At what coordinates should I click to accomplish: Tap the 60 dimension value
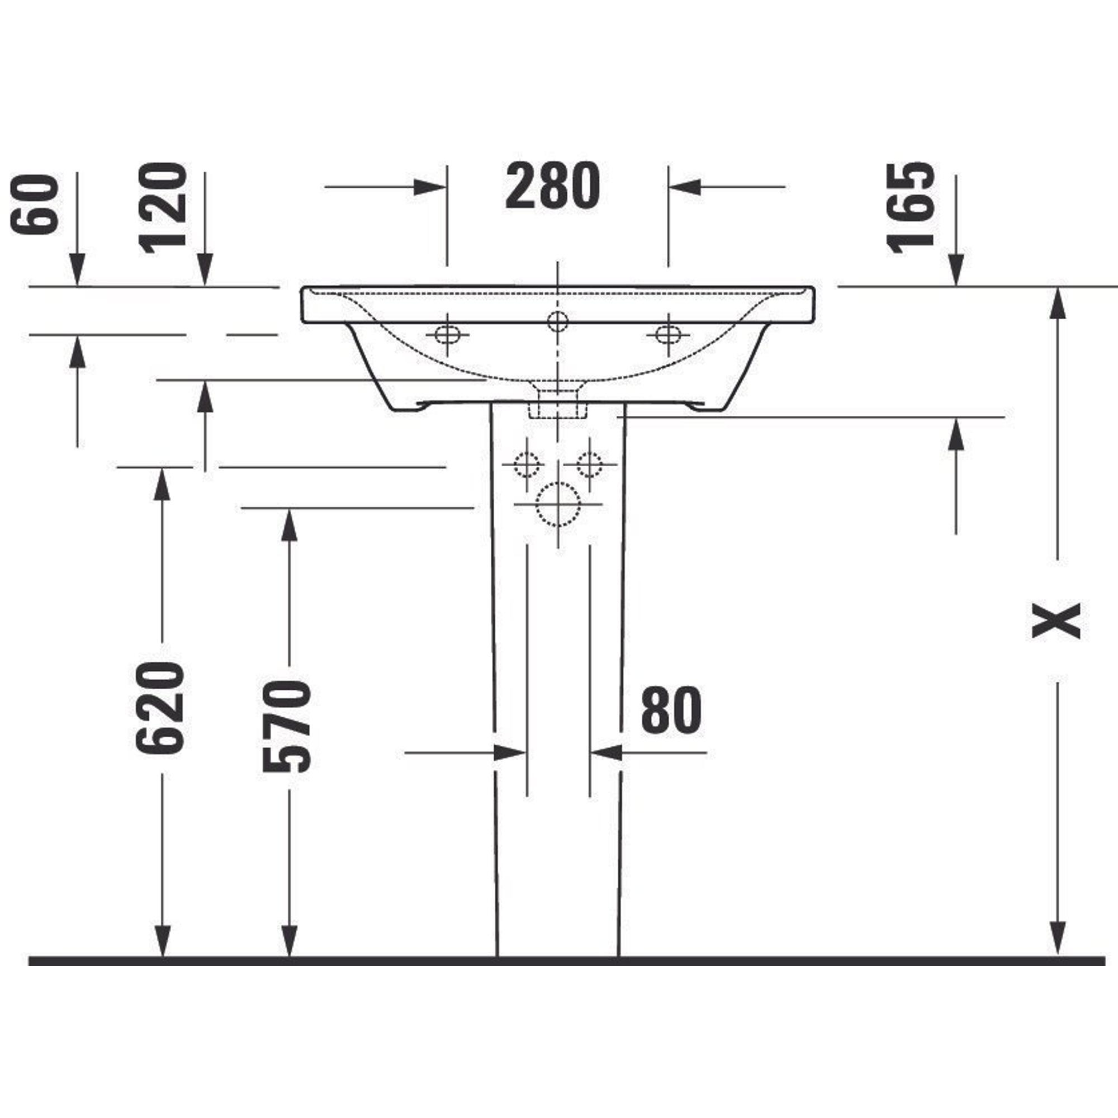coord(36,205)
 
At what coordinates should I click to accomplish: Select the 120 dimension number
coord(163,209)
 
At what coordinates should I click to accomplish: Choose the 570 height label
coord(287,727)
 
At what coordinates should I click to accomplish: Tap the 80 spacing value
coord(671,709)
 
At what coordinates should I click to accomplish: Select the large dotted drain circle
coord(558,504)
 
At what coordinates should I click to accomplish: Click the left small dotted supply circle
coord(527,464)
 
